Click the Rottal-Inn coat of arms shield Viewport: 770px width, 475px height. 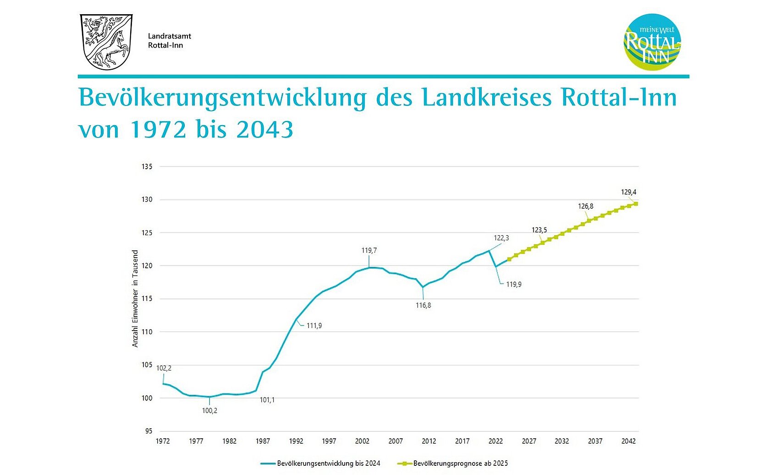tap(106, 42)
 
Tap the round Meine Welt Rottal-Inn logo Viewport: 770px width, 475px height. tap(652, 42)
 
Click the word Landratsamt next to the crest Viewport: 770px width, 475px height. tap(169, 36)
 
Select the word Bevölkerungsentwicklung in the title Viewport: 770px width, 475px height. tap(222, 98)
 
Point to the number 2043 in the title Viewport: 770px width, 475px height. tap(264, 130)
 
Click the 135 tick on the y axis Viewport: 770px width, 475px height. tap(147, 166)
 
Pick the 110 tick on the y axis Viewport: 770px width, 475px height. tap(147, 332)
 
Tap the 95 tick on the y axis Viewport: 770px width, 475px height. tap(148, 431)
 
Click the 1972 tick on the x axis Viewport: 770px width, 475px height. tap(163, 441)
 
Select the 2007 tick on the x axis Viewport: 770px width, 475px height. tap(396, 441)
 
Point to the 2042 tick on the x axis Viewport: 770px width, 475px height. tap(628, 441)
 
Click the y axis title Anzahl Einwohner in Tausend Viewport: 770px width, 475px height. tap(135, 298)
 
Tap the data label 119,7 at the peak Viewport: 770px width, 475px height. tap(369, 250)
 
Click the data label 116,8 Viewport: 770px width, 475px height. tap(423, 305)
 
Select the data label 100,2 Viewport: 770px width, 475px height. tap(209, 411)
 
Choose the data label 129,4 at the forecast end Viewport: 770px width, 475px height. tap(628, 192)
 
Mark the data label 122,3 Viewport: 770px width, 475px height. tap(501, 238)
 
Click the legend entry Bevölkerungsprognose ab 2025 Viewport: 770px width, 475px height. tap(460, 464)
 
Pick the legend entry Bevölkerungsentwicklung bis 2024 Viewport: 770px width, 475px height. tap(328, 464)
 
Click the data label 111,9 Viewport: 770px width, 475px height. tap(314, 326)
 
